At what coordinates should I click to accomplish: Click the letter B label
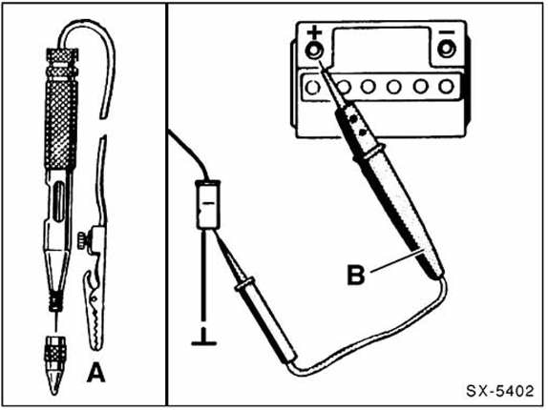tap(356, 275)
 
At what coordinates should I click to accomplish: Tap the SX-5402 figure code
tap(500, 391)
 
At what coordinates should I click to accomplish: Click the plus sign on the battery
tap(314, 33)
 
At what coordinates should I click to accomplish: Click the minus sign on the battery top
tap(447, 32)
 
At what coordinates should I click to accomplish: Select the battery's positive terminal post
tap(314, 51)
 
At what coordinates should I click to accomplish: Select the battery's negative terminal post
tap(447, 50)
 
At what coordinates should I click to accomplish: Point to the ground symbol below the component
tap(203, 343)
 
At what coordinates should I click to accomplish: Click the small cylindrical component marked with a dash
tap(207, 205)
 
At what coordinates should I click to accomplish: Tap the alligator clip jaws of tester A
tap(94, 311)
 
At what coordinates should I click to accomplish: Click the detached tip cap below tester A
tap(53, 365)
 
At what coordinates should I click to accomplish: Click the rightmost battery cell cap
tap(447, 87)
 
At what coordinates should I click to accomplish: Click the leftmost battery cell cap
tap(313, 87)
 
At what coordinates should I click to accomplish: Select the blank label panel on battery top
tap(381, 46)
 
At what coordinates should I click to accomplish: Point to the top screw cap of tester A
tap(63, 58)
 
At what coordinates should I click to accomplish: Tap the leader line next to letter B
tap(396, 261)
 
